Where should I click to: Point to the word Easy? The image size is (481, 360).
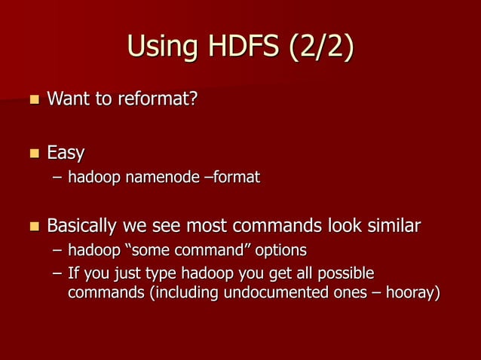(x=66, y=154)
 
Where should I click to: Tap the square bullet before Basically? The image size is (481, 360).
(x=32, y=227)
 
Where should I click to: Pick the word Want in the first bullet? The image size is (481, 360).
(x=67, y=99)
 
